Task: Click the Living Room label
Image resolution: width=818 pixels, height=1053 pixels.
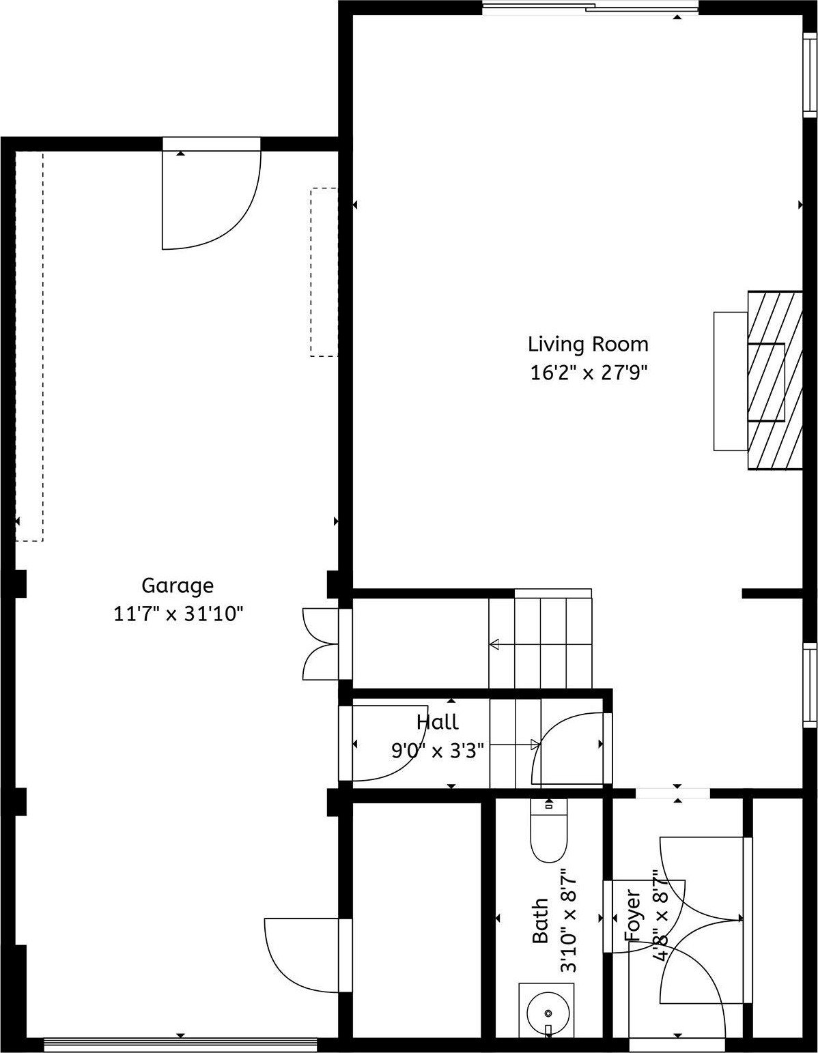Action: click(x=588, y=344)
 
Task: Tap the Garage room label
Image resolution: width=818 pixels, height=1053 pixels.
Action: click(x=178, y=586)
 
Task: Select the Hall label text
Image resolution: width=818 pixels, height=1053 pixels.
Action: click(x=438, y=722)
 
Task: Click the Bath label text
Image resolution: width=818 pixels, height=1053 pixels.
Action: click(x=540, y=921)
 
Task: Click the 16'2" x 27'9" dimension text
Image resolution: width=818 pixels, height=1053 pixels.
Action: click(x=588, y=373)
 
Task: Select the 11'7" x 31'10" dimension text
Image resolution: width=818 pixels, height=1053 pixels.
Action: click(x=178, y=614)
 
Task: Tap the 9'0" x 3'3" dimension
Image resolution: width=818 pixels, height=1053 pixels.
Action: click(x=438, y=751)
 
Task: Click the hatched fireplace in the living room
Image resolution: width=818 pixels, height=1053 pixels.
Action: click(x=774, y=381)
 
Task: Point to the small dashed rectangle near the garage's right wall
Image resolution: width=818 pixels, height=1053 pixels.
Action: click(x=324, y=272)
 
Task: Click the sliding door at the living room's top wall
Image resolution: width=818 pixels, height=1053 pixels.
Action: click(x=590, y=8)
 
